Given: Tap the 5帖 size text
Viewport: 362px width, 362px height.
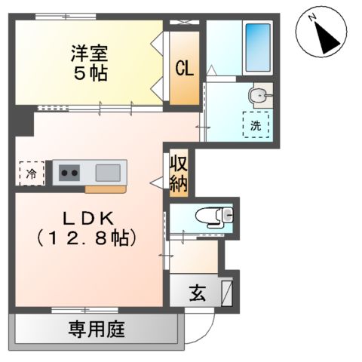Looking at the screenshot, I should (89, 74).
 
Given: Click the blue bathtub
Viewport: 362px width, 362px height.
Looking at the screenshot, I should (258, 48).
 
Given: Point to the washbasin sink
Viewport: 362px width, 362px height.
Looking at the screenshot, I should (258, 95).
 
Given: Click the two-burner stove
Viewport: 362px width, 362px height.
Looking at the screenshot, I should (70, 173).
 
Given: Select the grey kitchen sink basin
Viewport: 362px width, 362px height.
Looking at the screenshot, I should (106, 172).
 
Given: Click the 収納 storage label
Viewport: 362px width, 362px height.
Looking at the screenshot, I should (177, 173).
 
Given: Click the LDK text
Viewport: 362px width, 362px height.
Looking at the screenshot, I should (87, 219).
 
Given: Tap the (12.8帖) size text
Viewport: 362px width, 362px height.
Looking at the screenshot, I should (87, 240).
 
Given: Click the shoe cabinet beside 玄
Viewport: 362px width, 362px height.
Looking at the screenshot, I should (227, 292).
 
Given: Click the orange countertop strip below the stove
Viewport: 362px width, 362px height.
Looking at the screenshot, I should (105, 189).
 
